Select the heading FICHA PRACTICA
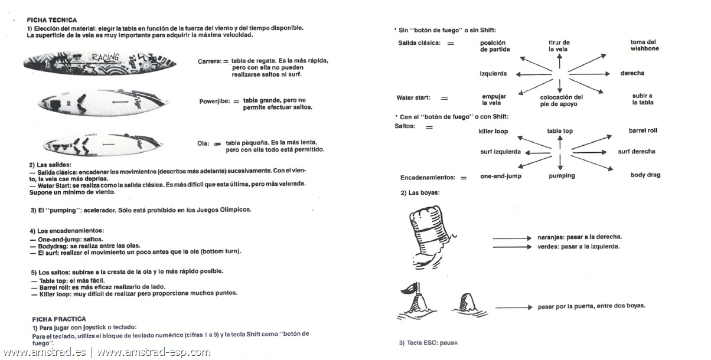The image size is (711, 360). click(x=58, y=319)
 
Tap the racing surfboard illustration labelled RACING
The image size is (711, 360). click(x=102, y=62)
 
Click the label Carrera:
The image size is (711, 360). click(x=209, y=61)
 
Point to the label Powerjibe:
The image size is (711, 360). click(x=214, y=102)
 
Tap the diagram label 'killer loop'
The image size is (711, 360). click(x=493, y=131)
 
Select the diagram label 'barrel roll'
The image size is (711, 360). click(x=642, y=130)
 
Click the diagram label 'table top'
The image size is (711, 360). click(x=559, y=131)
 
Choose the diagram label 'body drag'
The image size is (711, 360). click(x=645, y=175)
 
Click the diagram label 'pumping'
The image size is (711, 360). click(x=561, y=176)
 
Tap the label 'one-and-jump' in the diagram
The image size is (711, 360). click(x=501, y=176)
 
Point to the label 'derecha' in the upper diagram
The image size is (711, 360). click(x=632, y=73)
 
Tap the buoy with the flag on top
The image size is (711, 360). click(x=412, y=301)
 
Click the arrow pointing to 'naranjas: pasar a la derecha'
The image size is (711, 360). click(x=512, y=237)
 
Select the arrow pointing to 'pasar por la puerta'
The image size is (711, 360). click(x=514, y=307)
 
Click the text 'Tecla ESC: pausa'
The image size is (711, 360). click(x=428, y=343)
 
